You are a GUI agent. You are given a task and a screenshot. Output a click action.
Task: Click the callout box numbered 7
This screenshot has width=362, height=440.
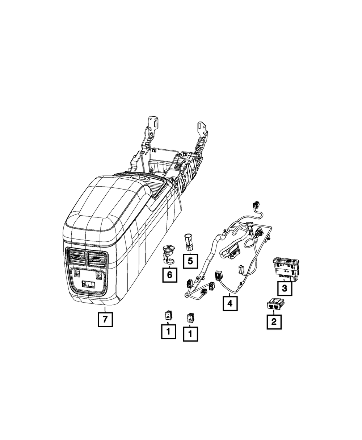[105, 319]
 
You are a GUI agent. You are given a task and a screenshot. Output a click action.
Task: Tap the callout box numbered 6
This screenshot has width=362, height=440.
[169, 275]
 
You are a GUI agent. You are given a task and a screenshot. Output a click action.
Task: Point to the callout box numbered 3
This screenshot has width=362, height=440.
[285, 289]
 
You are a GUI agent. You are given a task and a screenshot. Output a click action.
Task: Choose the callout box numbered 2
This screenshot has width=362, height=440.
[274, 321]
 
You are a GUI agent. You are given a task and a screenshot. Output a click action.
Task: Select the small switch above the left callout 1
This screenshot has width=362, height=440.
[168, 316]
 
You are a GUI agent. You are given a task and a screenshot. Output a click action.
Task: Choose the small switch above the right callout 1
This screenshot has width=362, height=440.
[190, 318]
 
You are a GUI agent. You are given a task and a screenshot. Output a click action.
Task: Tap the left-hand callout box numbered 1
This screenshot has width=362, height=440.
[168, 331]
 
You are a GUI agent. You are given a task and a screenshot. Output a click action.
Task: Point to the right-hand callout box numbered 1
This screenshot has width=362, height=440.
[190, 333]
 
